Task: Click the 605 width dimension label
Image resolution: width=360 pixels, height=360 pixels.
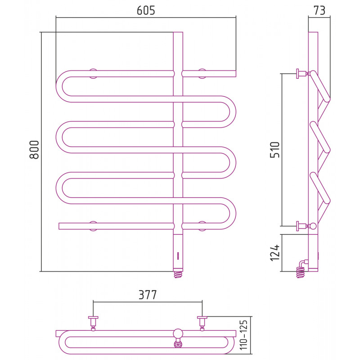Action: tap(146, 10)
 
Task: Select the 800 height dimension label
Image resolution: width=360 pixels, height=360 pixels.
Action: tap(34, 150)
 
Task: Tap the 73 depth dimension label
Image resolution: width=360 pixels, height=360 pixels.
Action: tap(319, 10)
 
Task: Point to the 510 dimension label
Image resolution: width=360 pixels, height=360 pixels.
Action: tap(275, 150)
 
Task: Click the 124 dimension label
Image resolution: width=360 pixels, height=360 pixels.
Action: tap(275, 253)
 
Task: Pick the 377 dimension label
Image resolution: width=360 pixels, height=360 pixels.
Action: tap(148, 295)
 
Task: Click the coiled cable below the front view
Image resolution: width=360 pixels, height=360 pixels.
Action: tap(178, 274)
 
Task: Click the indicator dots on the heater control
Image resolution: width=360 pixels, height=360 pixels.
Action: tap(178, 256)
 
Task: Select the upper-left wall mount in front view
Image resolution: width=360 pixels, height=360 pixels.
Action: tap(93, 73)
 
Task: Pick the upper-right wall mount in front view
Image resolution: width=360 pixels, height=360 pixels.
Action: tap(202, 73)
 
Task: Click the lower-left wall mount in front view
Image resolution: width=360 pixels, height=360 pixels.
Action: tap(93, 226)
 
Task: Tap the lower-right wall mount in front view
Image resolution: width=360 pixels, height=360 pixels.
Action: tap(202, 226)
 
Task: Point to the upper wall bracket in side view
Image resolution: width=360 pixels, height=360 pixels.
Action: tap(302, 73)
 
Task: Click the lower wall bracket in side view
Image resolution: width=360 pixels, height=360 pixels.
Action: tap(302, 226)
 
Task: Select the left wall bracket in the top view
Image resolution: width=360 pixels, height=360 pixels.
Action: tap(93, 323)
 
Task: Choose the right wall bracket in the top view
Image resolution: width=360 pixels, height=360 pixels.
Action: tap(202, 323)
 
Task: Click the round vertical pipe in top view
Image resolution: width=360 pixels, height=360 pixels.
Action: tap(178, 333)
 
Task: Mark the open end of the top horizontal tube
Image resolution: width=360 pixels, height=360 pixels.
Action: tap(235, 74)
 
